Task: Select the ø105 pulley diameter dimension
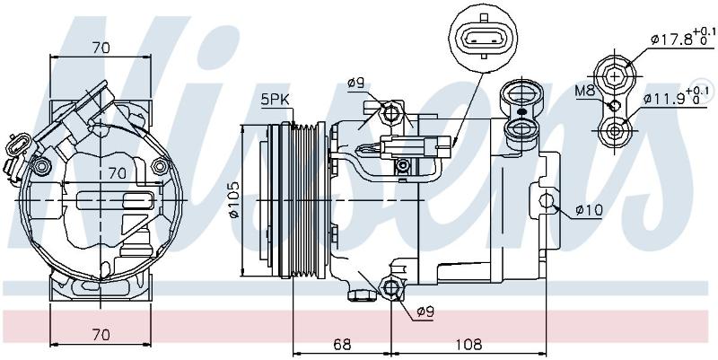click(x=233, y=200)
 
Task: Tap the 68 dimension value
click(x=342, y=344)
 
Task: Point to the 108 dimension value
click(x=469, y=344)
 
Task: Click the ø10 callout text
click(x=589, y=210)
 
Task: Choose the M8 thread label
click(x=585, y=91)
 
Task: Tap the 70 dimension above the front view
click(x=101, y=48)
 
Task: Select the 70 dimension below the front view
click(x=101, y=335)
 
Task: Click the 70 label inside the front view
click(x=117, y=173)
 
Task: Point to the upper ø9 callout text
click(x=355, y=83)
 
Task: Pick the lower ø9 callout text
click(x=425, y=312)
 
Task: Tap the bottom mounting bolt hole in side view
click(x=391, y=287)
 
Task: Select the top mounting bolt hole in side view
click(x=391, y=111)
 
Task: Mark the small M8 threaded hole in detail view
click(x=614, y=105)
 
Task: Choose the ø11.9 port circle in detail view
click(x=615, y=131)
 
